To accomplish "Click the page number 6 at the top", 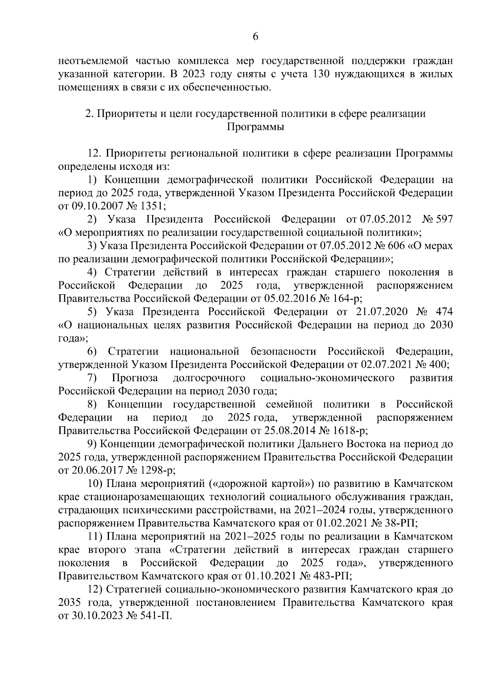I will [255, 37].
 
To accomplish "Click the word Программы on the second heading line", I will [255, 127].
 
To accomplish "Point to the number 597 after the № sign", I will [444, 219].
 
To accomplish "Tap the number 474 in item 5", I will [444, 312].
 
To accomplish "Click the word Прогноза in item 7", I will [135, 378].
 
